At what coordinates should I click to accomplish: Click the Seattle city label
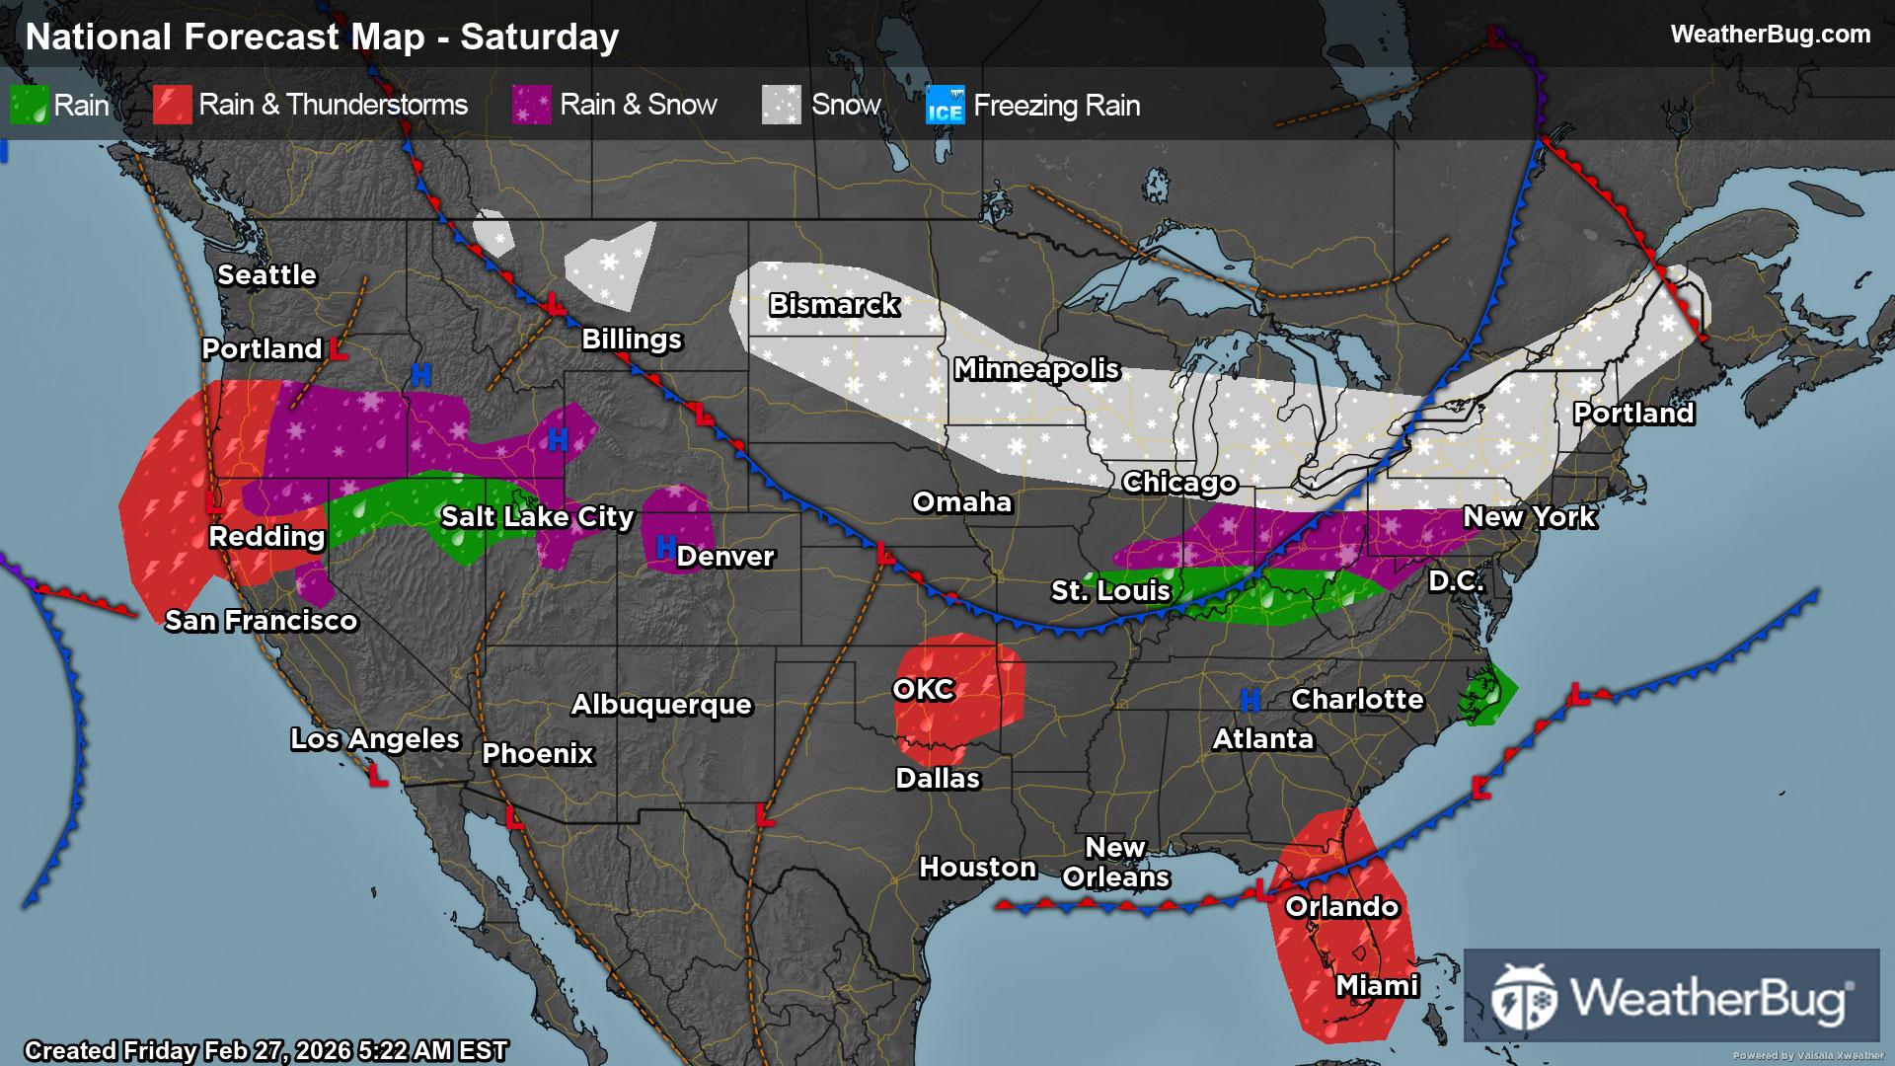point(266,275)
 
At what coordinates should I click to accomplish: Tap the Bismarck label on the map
point(834,305)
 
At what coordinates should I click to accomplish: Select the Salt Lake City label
point(537,517)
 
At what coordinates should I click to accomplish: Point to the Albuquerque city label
point(661,705)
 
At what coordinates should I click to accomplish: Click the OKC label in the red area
point(924,689)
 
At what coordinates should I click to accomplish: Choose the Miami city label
point(1377,985)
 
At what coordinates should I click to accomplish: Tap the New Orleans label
point(1115,863)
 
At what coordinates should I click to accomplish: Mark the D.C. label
point(1456,581)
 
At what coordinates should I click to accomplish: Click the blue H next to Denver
point(665,546)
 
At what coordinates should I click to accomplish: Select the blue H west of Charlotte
point(1250,701)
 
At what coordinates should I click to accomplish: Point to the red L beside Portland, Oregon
point(339,349)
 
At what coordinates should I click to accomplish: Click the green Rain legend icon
point(29,105)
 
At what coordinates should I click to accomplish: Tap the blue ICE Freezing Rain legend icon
point(945,106)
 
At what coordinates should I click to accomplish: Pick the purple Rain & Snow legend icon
point(532,105)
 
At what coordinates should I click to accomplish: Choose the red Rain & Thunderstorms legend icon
point(172,105)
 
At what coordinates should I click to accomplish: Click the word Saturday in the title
point(539,38)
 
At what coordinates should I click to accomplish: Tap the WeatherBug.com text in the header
point(1770,35)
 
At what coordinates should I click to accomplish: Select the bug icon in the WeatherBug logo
point(1523,996)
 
